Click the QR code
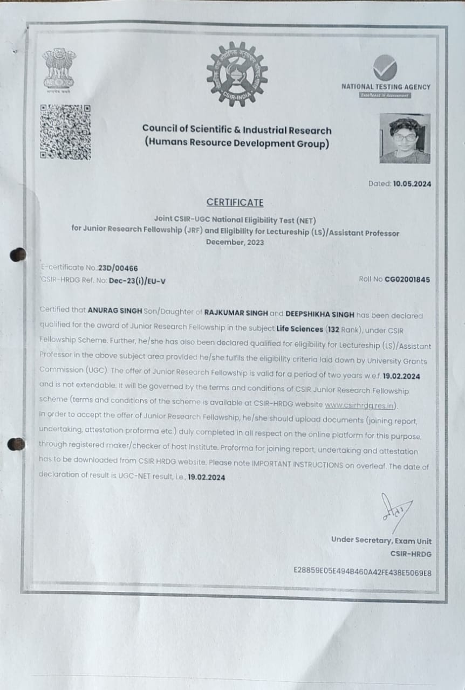[x=65, y=132]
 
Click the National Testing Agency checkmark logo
[x=385, y=68]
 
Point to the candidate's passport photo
[x=405, y=139]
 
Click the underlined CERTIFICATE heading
[x=235, y=203]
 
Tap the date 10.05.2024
[x=412, y=184]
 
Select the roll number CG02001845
[x=407, y=279]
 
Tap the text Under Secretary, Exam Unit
[x=381, y=541]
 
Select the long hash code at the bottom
[x=362, y=571]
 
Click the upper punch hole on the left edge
[x=18, y=254]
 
